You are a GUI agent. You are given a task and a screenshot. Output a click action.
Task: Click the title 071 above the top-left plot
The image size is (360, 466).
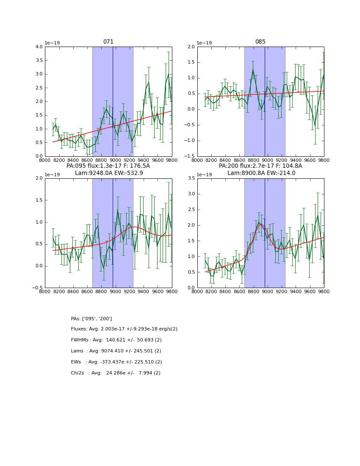[x=108, y=42]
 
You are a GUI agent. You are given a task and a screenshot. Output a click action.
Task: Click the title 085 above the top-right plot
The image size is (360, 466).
[x=260, y=42]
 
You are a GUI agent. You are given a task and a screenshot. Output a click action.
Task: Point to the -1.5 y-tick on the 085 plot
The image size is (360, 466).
[x=189, y=156]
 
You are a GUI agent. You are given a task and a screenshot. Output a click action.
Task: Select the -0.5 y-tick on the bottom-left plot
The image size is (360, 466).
[x=37, y=288]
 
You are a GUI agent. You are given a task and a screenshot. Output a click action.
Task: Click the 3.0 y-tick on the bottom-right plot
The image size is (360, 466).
[x=191, y=194]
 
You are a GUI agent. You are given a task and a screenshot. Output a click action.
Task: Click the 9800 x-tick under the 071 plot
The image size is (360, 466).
[x=172, y=161]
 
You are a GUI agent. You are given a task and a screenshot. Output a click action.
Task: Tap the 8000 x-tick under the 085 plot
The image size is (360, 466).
[x=197, y=161]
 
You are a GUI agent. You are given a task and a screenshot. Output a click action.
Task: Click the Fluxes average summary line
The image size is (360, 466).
[x=124, y=329]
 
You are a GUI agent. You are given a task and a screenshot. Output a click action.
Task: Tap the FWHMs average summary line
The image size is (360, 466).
[x=116, y=340]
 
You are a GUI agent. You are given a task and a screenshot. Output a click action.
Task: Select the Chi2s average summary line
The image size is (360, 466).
[x=116, y=373]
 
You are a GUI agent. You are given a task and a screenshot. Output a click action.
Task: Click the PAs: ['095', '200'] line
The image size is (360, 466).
[x=91, y=319]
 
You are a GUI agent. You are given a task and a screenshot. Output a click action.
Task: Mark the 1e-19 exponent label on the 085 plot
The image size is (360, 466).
[x=205, y=43]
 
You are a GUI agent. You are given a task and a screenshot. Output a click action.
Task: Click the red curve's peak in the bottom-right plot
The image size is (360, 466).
[x=260, y=224]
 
